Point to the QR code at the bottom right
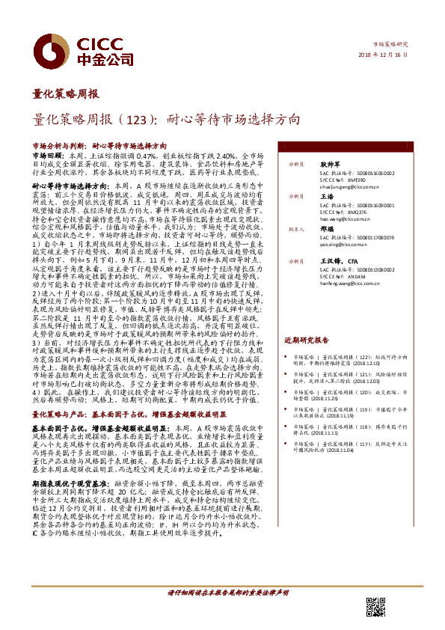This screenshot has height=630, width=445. (x=375, y=607)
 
